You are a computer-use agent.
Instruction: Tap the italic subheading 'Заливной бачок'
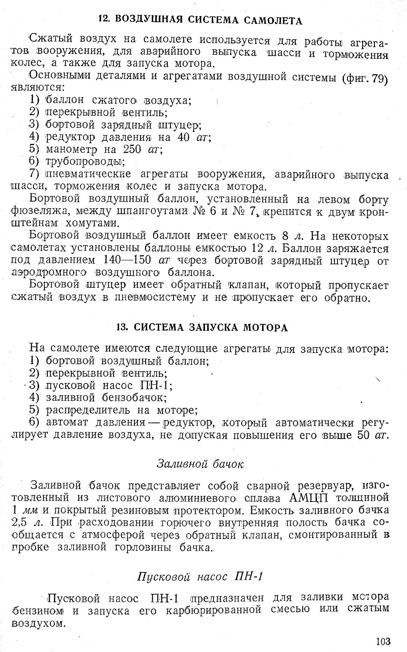(200, 464)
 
